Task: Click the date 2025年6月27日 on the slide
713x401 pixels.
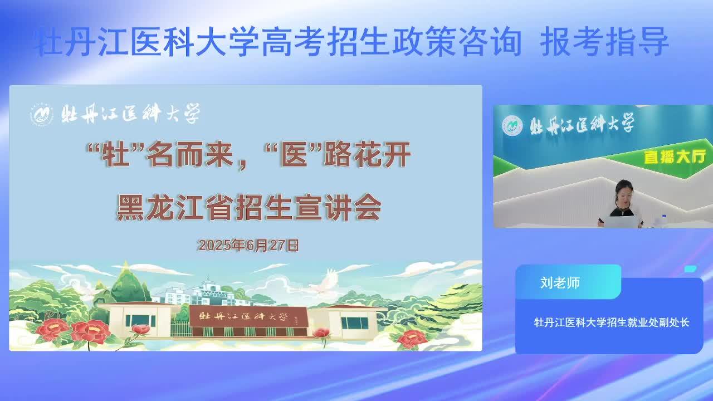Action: tap(248, 246)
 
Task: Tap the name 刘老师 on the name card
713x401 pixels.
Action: tap(560, 282)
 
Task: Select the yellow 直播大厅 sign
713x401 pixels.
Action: tap(675, 157)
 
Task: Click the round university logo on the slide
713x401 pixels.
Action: tap(42, 114)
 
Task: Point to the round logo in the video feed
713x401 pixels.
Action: tap(512, 125)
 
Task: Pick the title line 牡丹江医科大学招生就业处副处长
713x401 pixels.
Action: tap(612, 322)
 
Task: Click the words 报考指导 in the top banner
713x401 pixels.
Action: tap(604, 42)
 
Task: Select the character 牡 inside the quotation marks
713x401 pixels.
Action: tap(115, 155)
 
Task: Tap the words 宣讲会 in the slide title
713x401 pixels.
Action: tap(338, 208)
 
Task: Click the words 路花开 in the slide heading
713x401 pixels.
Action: tap(367, 155)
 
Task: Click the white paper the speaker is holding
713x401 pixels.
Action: tap(621, 222)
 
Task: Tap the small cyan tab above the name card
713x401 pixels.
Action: tap(690, 269)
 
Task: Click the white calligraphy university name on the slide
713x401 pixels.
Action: tap(130, 114)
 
